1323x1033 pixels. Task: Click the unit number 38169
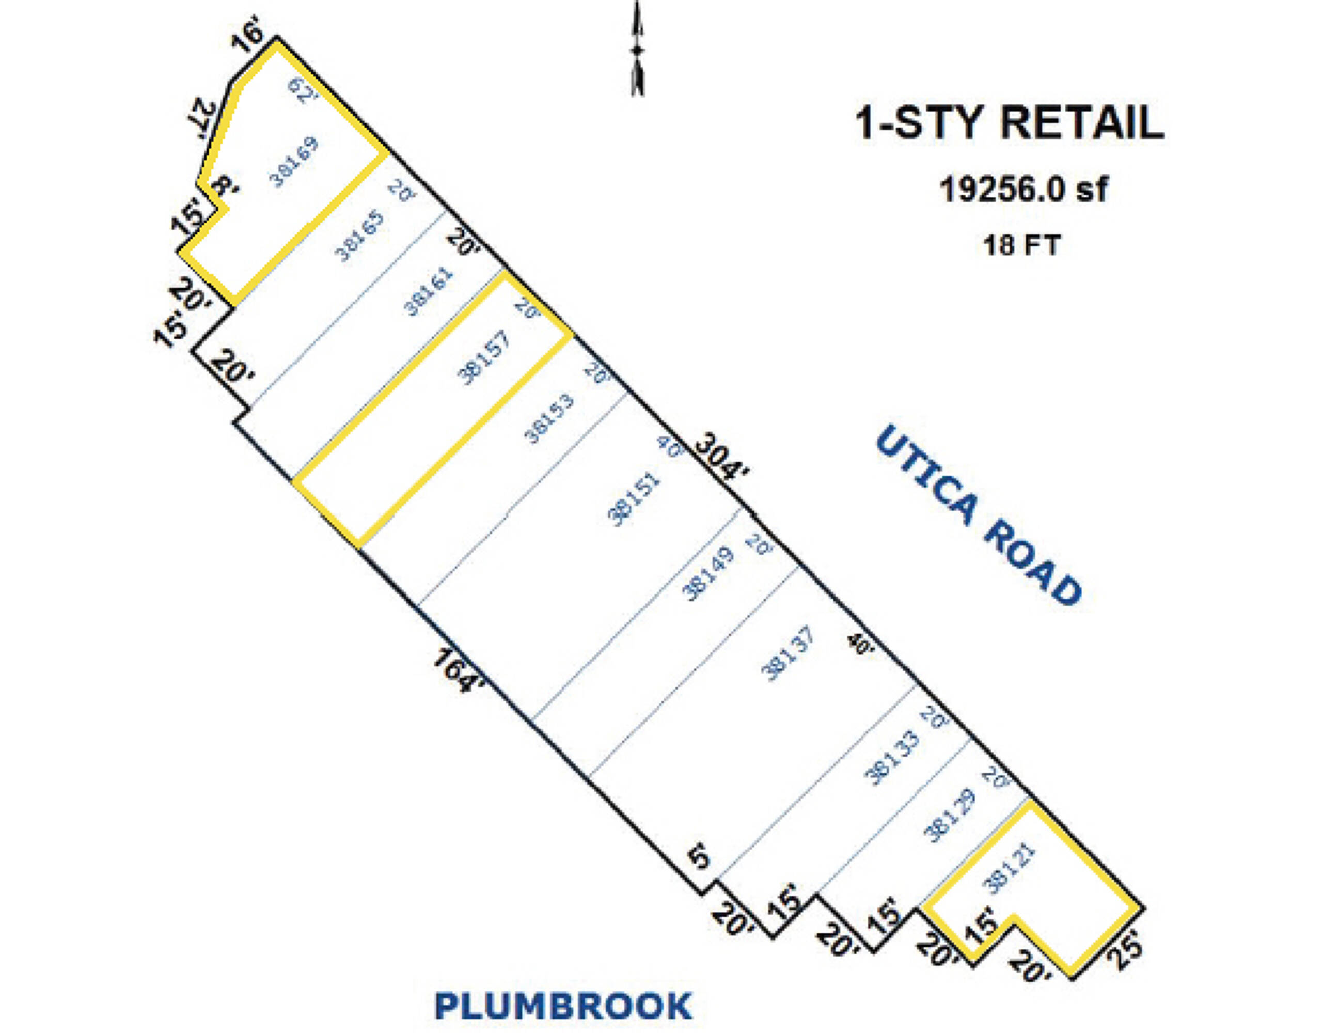tap(294, 162)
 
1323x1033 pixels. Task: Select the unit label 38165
tap(360, 235)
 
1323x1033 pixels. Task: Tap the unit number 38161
tap(428, 291)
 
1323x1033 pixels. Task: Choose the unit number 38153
tap(549, 418)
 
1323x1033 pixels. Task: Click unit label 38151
tap(634, 498)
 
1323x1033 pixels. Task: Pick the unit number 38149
tap(708, 573)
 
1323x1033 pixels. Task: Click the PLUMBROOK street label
tap(563, 1006)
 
